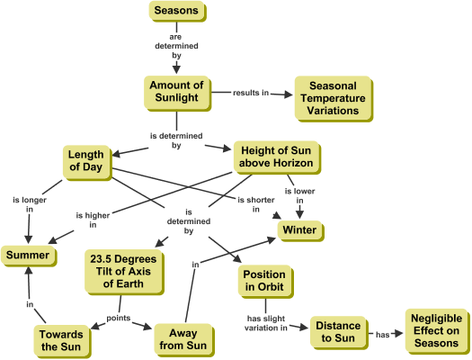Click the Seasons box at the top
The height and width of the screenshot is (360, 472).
[178, 12]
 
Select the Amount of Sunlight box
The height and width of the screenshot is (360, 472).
[178, 94]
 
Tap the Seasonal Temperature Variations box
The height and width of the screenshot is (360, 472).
[334, 99]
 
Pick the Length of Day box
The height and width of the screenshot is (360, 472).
[87, 163]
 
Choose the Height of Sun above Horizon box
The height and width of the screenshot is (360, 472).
[277, 157]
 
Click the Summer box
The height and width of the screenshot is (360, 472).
[29, 256]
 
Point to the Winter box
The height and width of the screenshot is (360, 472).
[300, 231]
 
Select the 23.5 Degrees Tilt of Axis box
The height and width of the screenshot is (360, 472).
[124, 272]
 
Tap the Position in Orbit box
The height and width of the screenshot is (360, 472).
[266, 282]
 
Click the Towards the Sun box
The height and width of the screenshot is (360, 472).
[62, 341]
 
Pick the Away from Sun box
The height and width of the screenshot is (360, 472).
[184, 340]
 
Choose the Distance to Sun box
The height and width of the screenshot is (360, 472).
[339, 333]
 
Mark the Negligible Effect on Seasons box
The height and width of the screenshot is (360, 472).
[437, 331]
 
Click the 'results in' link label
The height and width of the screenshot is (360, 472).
[251, 93]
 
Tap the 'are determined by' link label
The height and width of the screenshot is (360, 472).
[176, 46]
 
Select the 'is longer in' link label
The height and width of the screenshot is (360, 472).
[30, 204]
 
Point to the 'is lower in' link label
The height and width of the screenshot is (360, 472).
[299, 196]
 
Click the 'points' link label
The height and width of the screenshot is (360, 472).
[119, 318]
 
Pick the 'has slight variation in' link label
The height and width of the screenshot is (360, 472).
[266, 323]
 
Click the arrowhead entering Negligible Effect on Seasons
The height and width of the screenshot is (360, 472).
[399, 334]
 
